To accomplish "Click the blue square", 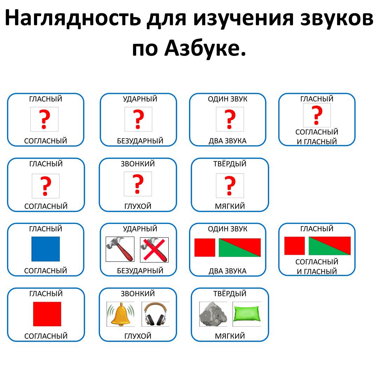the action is click(x=45, y=249).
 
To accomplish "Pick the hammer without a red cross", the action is click(x=120, y=250).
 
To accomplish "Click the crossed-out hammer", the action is click(x=154, y=250).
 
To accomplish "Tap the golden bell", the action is click(x=120, y=314).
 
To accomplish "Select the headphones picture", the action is click(x=155, y=314).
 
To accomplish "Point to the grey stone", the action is click(x=213, y=314).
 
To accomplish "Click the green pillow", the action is click(x=246, y=314).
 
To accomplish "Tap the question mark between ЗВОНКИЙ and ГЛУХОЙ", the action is click(x=138, y=184).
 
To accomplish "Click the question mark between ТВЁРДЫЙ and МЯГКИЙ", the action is click(x=230, y=185).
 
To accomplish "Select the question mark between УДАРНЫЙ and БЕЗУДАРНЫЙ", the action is click(x=138, y=119).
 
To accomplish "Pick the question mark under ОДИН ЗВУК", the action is click(x=230, y=119).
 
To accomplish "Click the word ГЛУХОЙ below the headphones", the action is click(x=138, y=336).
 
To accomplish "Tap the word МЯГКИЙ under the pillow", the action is click(x=230, y=336).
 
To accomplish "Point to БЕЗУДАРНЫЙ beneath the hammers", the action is click(x=140, y=271).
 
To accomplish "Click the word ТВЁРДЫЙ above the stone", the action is click(x=230, y=293).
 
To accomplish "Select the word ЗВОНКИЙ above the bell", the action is click(x=138, y=293).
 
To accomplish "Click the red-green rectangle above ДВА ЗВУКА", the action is click(x=240, y=247).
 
